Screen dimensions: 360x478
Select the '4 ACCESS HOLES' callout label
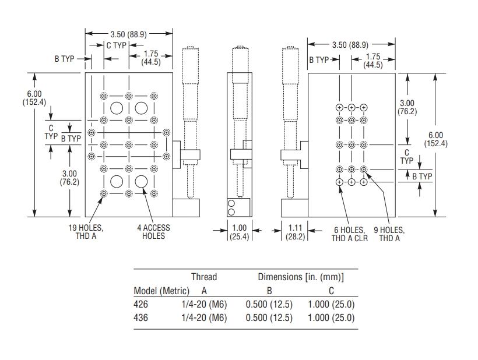tap(153, 232)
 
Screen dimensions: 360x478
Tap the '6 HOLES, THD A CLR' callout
tap(350, 234)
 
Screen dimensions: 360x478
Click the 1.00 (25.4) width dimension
tap(239, 232)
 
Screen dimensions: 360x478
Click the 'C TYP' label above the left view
tap(116, 45)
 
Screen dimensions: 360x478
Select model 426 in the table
tap(142, 304)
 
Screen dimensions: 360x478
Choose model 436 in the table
tap(142, 317)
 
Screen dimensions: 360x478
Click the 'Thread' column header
tap(204, 277)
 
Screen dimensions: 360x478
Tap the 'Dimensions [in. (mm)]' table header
tap(301, 277)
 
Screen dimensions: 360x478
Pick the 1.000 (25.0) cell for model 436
tap(331, 317)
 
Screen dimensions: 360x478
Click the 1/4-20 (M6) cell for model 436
tap(204, 317)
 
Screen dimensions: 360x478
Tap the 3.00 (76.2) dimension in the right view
tap(407, 107)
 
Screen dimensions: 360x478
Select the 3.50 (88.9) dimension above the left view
tap(128, 33)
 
